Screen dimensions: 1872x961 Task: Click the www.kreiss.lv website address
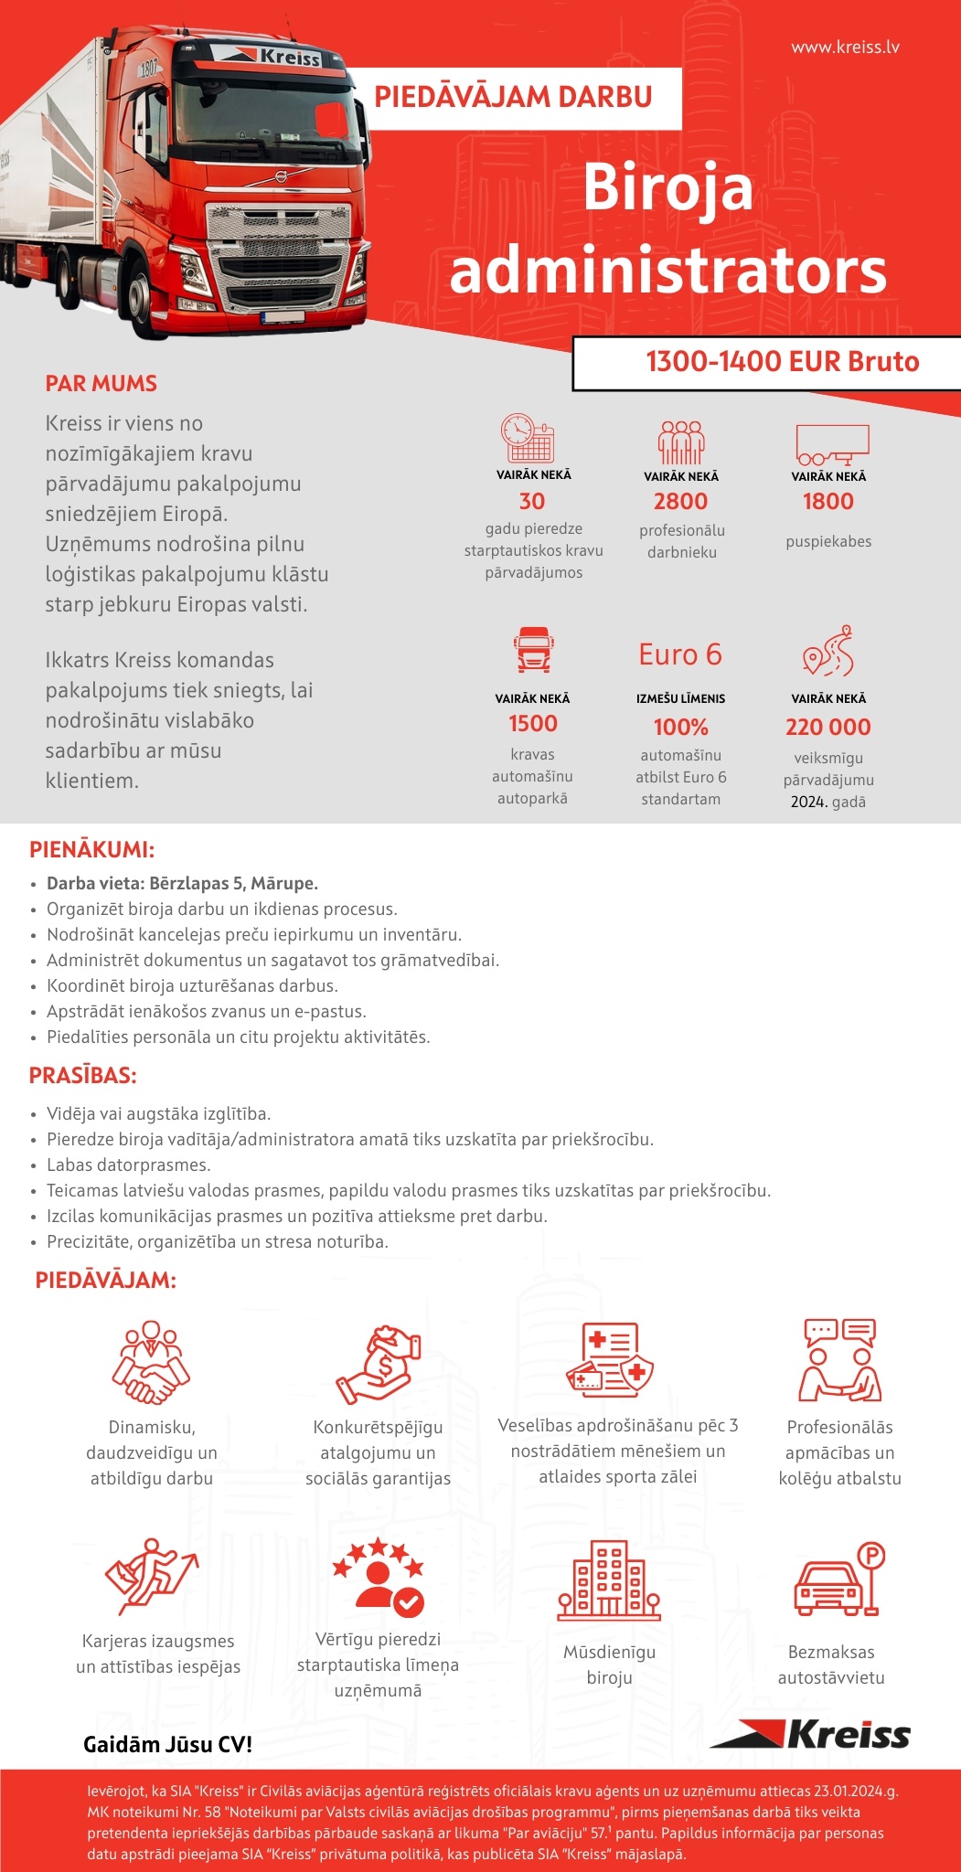tap(845, 47)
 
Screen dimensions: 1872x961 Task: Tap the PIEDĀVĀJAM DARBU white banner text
tap(513, 97)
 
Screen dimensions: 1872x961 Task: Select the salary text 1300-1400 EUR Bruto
tap(782, 362)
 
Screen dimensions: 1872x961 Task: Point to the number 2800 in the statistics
tap(680, 501)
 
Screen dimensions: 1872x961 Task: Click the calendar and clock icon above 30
tap(528, 438)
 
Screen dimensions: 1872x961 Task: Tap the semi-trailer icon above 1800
tap(831, 444)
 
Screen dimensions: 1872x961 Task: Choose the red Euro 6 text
tap(680, 654)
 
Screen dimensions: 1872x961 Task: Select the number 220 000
tap(828, 727)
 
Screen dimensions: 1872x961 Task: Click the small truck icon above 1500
tap(533, 649)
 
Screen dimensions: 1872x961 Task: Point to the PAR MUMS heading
tap(101, 384)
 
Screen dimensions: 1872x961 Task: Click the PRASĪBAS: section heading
tap(83, 1076)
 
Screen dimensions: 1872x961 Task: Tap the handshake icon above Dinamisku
tap(151, 1362)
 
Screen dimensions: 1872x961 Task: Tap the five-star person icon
tap(378, 1577)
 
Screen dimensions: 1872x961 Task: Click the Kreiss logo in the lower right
tap(811, 1734)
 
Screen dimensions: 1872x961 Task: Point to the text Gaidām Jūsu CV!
tap(167, 1744)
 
